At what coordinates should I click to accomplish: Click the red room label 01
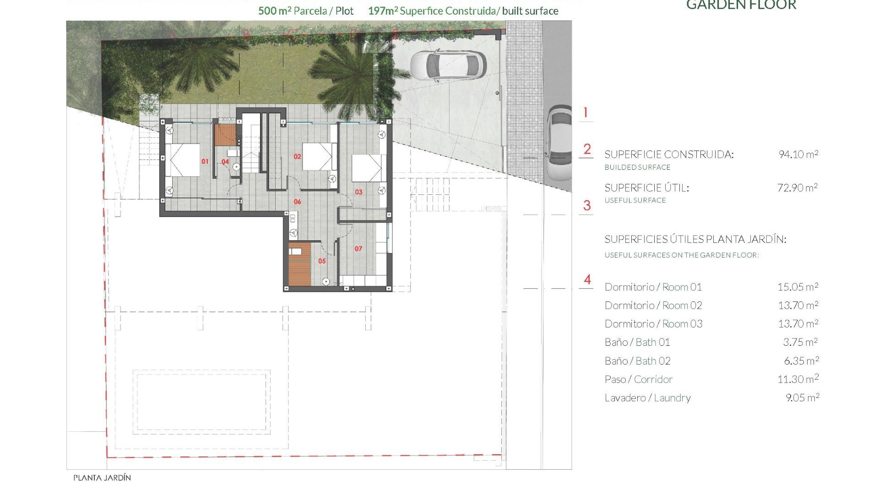[205, 161]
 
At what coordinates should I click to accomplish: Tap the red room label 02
[297, 156]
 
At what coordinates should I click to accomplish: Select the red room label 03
[358, 192]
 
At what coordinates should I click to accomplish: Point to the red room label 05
[322, 261]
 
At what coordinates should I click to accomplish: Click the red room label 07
[358, 249]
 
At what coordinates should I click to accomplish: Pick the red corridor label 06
[297, 202]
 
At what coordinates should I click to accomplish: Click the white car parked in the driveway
[448, 65]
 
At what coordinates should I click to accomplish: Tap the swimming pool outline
[201, 402]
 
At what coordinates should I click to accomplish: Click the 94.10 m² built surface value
[798, 155]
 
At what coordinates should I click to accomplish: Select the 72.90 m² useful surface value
[797, 188]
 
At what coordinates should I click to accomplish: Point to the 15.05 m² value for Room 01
[798, 287]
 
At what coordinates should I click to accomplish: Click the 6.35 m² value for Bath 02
[801, 361]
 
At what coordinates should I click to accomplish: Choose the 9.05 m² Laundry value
[802, 398]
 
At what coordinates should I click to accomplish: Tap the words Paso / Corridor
[638, 380]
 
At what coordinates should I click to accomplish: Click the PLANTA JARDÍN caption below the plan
[102, 478]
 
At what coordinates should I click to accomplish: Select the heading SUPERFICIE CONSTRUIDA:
[669, 155]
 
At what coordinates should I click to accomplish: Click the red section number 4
[587, 279]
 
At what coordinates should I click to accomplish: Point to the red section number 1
[585, 113]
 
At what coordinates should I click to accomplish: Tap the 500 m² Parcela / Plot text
[305, 11]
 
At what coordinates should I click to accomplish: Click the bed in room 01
[183, 160]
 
